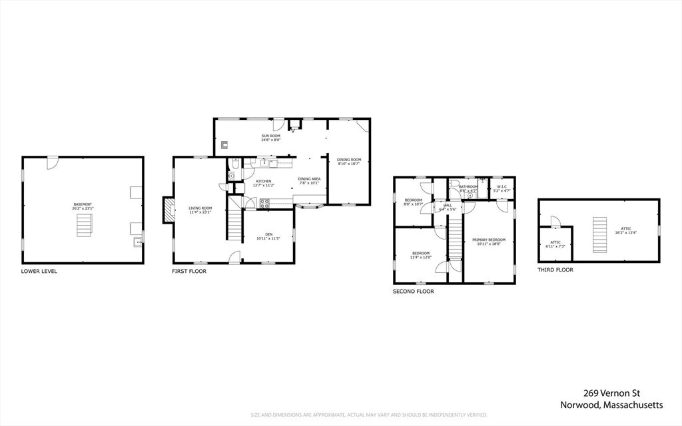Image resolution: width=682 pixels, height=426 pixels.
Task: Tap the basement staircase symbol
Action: click(83, 226)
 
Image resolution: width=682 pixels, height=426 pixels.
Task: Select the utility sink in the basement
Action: click(137, 242)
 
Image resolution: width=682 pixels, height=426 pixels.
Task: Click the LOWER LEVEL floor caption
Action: click(39, 272)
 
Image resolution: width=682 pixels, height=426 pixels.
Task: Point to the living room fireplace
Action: click(169, 210)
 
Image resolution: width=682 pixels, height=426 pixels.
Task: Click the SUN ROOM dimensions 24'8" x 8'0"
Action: click(270, 140)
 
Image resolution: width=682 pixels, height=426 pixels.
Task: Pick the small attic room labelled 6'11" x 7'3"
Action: click(555, 244)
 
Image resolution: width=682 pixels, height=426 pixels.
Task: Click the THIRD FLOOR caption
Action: click(555, 270)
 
